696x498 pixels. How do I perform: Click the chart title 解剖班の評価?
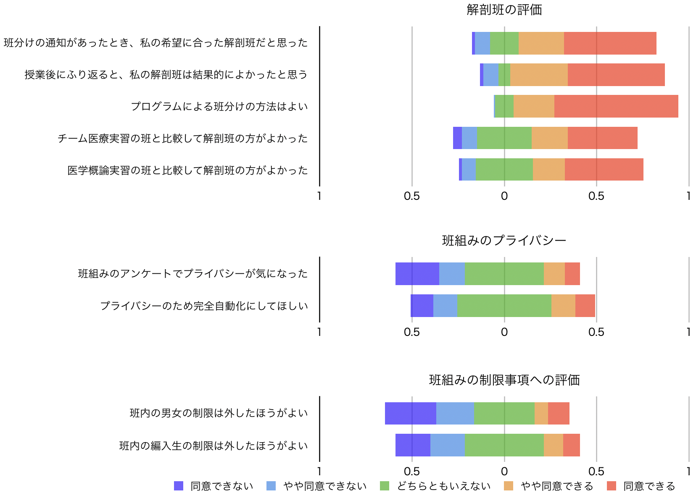[x=504, y=10]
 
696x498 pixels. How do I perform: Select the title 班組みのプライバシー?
[x=504, y=240]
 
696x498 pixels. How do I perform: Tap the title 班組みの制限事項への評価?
[x=504, y=380]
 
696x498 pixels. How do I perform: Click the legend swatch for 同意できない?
[x=179, y=486]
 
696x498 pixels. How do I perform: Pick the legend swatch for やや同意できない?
[x=271, y=486]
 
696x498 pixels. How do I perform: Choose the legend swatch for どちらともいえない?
[x=385, y=486]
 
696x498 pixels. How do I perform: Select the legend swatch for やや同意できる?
[x=509, y=486]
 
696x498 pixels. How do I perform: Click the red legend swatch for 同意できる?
[x=612, y=486]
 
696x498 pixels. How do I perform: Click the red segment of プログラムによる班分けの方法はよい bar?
[x=616, y=106]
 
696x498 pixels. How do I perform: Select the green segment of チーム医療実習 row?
[x=504, y=138]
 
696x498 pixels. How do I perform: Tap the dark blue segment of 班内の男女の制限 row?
[x=410, y=413]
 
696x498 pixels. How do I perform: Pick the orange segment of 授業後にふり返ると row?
[x=539, y=75]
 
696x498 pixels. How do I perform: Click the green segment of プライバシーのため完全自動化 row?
[x=504, y=306]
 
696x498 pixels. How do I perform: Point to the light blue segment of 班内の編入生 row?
[x=447, y=445]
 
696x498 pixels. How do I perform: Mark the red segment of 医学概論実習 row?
[x=604, y=170]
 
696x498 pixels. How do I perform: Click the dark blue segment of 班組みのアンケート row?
[x=417, y=274]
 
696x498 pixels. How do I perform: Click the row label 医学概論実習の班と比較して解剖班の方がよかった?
[x=187, y=170]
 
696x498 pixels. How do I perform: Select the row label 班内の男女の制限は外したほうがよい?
[x=219, y=413]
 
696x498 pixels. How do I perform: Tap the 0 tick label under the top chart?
[x=504, y=196]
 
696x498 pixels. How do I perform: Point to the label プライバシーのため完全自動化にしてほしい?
[x=204, y=306]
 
